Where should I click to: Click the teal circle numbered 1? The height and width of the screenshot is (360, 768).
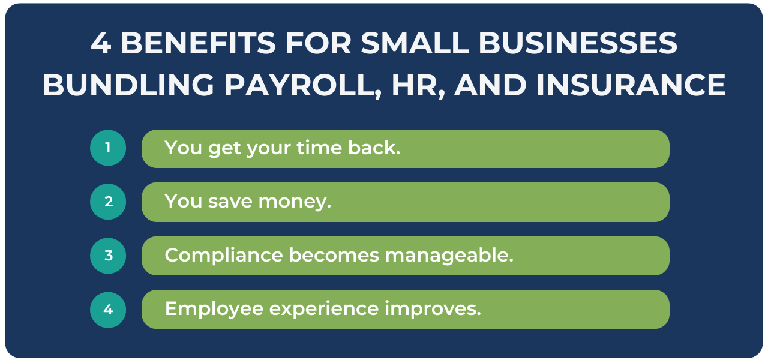(x=108, y=148)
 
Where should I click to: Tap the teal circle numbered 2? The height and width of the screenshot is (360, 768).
(x=108, y=202)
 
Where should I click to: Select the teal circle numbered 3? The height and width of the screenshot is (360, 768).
(x=108, y=256)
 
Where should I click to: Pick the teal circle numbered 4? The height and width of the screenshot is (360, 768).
(x=108, y=310)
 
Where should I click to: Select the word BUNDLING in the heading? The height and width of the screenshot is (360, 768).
(x=128, y=86)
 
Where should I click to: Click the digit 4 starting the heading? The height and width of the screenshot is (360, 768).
(x=101, y=44)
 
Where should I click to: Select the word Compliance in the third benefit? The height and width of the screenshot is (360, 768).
(x=224, y=256)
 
